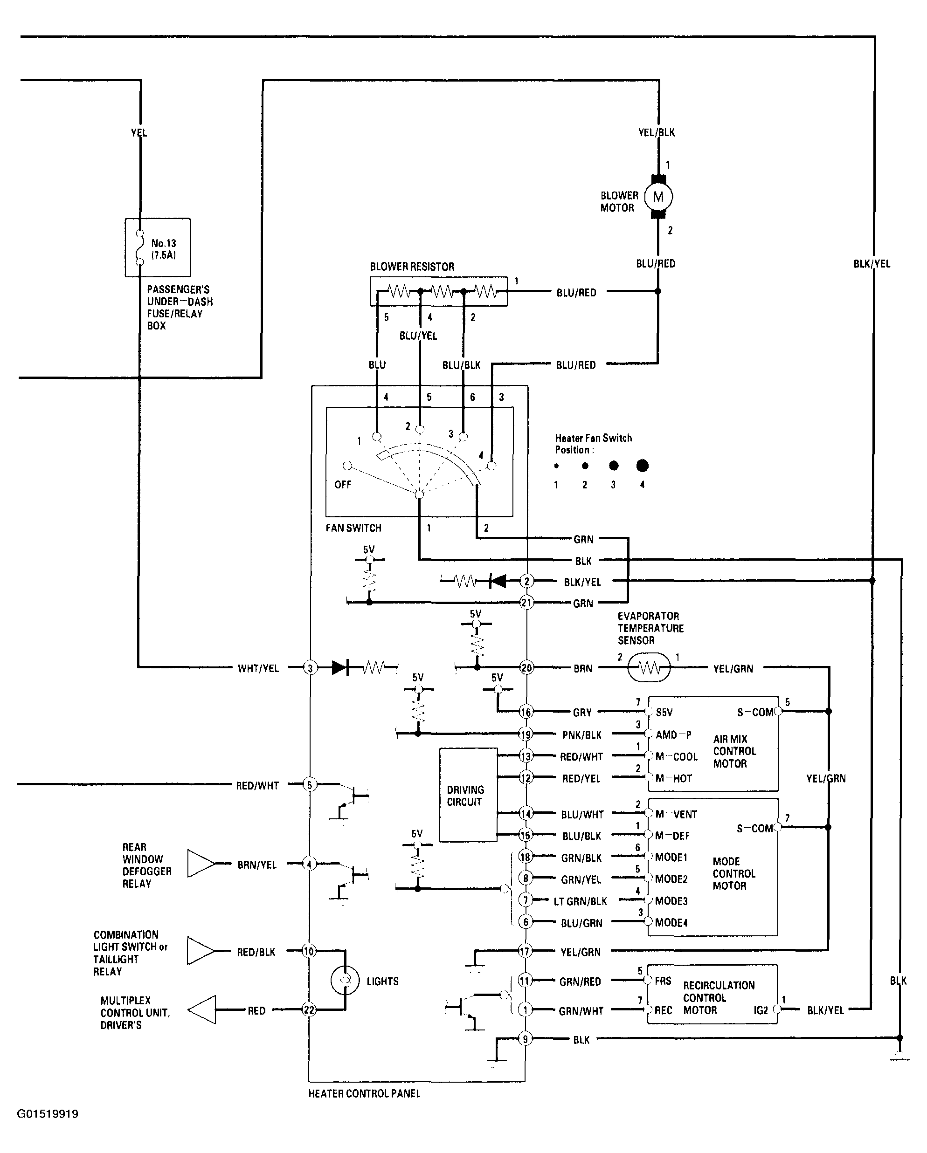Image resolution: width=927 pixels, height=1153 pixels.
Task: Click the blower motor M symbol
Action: point(658,197)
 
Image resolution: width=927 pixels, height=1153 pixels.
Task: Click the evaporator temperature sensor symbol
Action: point(649,667)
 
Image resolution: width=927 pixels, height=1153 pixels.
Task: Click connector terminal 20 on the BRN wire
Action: point(526,667)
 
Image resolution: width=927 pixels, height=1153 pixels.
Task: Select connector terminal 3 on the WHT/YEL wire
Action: point(310,667)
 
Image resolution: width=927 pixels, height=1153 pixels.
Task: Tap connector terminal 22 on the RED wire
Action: point(309,1009)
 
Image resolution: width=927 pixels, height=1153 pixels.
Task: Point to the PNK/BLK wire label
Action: point(582,735)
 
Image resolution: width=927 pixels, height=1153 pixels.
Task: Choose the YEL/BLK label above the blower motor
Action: point(656,132)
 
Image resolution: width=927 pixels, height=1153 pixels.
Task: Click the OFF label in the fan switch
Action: point(343,485)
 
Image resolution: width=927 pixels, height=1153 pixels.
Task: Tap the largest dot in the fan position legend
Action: point(642,466)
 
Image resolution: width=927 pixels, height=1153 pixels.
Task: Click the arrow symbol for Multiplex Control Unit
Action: point(202,1009)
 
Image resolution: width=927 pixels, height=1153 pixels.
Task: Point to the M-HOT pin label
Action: point(673,779)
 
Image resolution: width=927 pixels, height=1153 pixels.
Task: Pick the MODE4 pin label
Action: point(671,922)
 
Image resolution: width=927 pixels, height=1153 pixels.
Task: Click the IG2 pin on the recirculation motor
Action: point(761,1010)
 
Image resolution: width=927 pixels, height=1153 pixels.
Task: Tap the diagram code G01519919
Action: point(48,1114)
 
